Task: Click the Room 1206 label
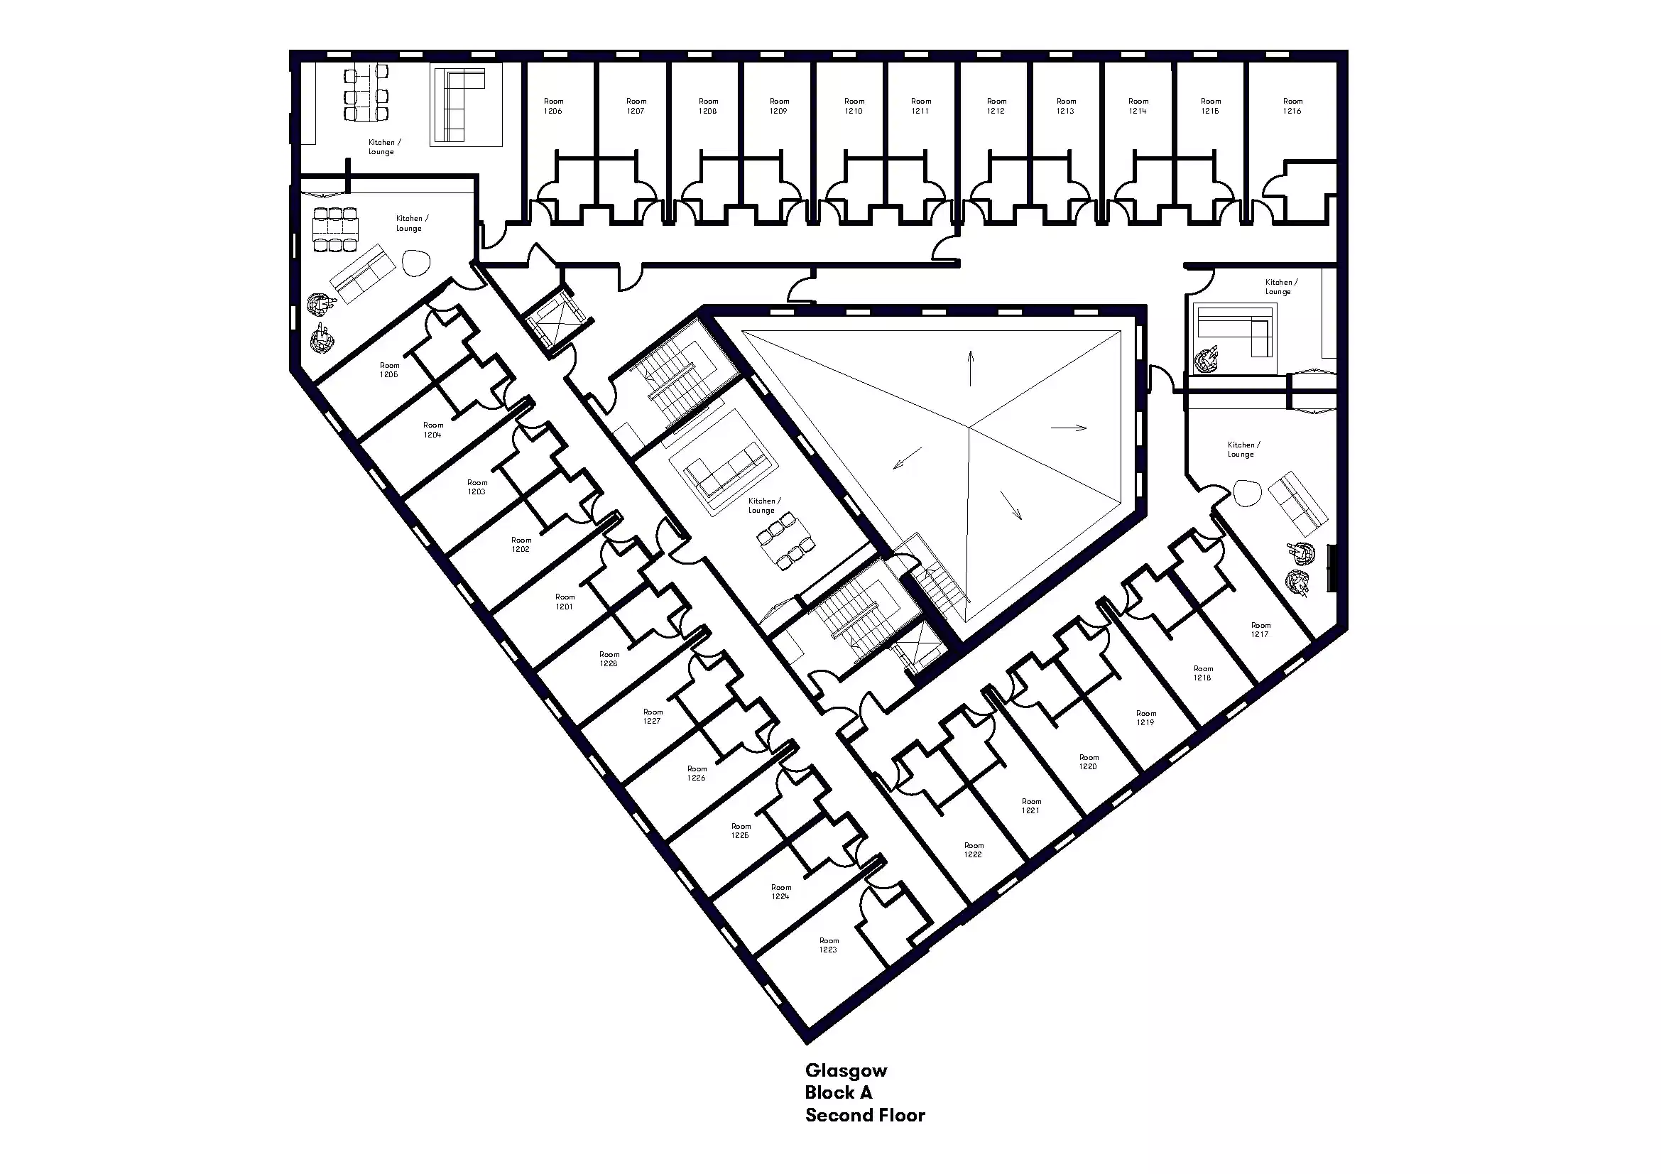553,107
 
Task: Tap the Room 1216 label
1292,107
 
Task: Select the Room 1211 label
921,107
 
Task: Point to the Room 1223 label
829,945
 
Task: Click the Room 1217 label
1260,629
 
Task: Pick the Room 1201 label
565,602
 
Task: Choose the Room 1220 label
1089,761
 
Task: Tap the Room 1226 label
697,773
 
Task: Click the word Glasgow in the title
846,1071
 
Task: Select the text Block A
839,1092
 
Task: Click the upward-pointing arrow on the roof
971,368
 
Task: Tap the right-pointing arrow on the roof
1069,428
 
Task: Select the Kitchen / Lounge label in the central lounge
763,505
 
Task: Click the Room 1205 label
389,369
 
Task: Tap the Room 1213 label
1067,107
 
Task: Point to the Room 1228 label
609,659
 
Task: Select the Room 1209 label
779,107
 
